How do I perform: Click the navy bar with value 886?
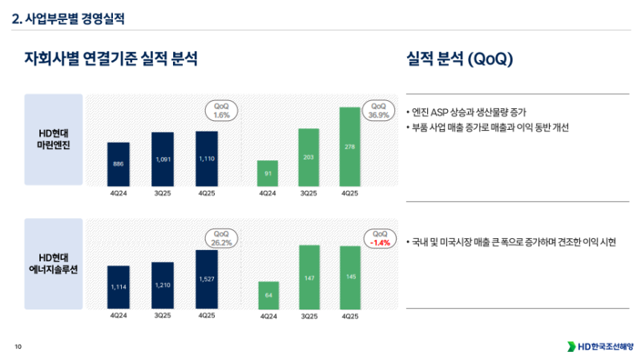[119, 164]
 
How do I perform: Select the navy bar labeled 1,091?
[163, 159]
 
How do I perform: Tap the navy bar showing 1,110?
[207, 158]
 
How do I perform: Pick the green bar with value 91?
[268, 173]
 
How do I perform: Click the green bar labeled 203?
[309, 157]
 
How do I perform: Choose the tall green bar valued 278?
[350, 147]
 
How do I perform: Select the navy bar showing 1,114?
[119, 287]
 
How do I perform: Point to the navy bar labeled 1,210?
[163, 285]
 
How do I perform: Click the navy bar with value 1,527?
[207, 279]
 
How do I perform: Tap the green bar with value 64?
[268, 294]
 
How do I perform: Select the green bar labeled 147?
[309, 277]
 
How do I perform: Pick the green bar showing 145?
[350, 277]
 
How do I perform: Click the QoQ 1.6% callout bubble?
[222, 110]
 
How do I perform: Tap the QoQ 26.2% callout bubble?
[222, 237]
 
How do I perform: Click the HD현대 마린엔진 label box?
[54, 140]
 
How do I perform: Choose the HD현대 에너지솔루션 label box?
[54, 263]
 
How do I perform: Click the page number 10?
[18, 346]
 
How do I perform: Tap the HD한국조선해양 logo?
[600, 346]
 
